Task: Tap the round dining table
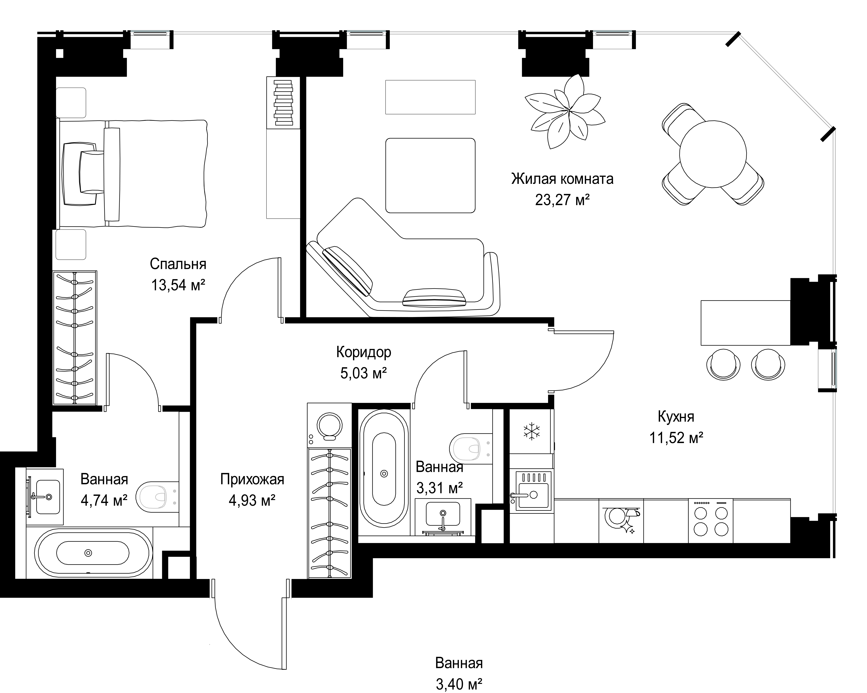click(713, 154)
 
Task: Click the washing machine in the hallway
click(329, 425)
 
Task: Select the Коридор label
click(364, 352)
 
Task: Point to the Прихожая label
click(252, 479)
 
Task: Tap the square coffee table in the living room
click(430, 175)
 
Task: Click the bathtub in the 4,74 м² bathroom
click(94, 553)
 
